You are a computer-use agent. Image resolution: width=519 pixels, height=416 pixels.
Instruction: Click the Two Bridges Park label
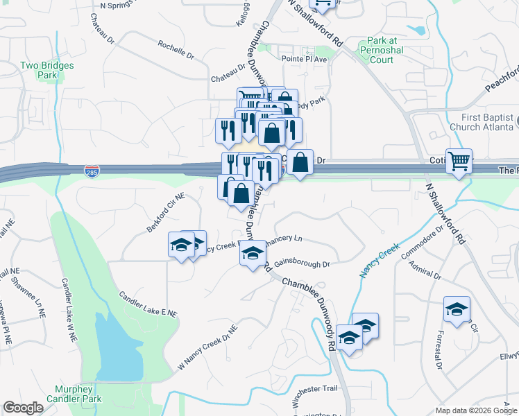[x=46, y=70]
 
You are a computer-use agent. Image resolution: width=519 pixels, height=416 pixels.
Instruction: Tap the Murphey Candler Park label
[x=74, y=394]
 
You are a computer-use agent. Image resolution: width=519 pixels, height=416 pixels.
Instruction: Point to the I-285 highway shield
[x=91, y=171]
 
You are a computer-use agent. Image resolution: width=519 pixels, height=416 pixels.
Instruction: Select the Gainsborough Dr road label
[x=301, y=264]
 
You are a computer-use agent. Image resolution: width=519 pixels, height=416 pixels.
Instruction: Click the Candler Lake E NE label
[x=148, y=304]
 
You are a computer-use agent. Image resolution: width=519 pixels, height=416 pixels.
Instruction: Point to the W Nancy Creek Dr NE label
[x=208, y=346]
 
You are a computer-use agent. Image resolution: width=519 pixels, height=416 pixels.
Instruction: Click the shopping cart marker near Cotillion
[x=459, y=162]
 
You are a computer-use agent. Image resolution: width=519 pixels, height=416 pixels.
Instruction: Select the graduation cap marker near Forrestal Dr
[x=457, y=309]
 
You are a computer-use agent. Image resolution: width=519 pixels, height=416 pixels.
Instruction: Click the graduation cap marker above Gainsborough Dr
[x=253, y=252]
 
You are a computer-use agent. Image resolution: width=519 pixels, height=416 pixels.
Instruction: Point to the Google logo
[x=23, y=408]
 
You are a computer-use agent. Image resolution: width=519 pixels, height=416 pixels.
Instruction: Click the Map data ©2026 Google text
[x=475, y=410]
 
